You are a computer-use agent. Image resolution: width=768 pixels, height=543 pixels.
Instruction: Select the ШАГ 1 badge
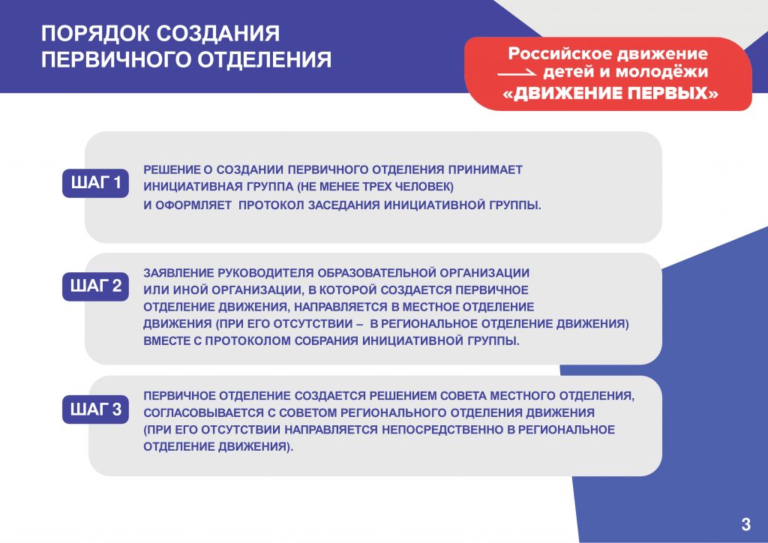click(x=95, y=183)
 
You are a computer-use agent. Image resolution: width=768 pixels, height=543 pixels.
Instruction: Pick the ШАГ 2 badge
click(x=95, y=286)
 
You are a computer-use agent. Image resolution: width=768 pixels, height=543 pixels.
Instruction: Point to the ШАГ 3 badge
click(x=95, y=409)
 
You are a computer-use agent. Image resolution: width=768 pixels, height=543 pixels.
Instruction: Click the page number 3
click(x=745, y=524)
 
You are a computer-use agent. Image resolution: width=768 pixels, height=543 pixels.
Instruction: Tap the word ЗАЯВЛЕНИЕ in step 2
click(x=178, y=273)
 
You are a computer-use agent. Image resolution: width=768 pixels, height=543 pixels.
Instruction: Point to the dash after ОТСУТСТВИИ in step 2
click(x=359, y=324)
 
